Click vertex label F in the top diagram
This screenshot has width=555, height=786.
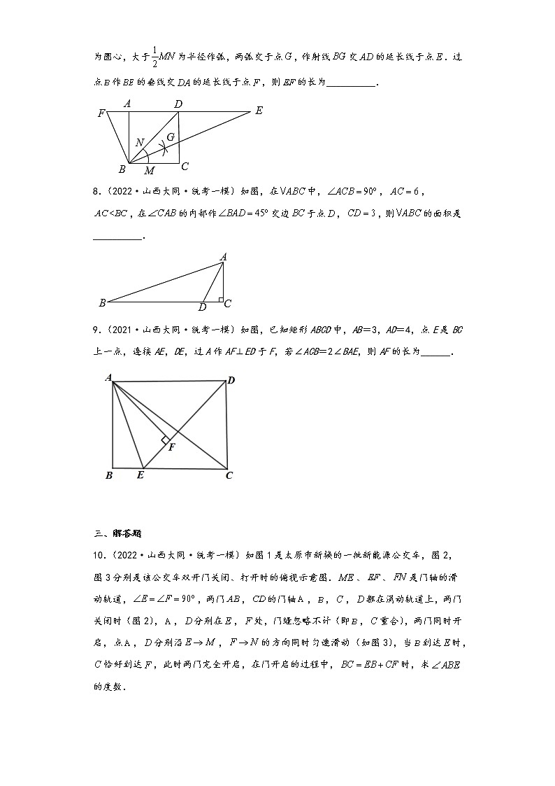(102, 112)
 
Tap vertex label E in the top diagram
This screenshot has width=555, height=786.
(259, 111)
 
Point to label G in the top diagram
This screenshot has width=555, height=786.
(171, 136)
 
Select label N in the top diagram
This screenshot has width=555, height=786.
(140, 143)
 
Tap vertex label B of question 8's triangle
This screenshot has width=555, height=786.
(102, 303)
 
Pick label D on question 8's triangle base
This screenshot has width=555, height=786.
(203, 307)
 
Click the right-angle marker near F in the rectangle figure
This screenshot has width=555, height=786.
(166, 440)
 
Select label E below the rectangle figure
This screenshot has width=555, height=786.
(140, 476)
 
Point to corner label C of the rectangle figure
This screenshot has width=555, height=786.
(229, 476)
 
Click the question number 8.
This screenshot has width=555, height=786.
(97, 189)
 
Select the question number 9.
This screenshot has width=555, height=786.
(97, 328)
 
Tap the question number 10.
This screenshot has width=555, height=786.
(99, 556)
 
